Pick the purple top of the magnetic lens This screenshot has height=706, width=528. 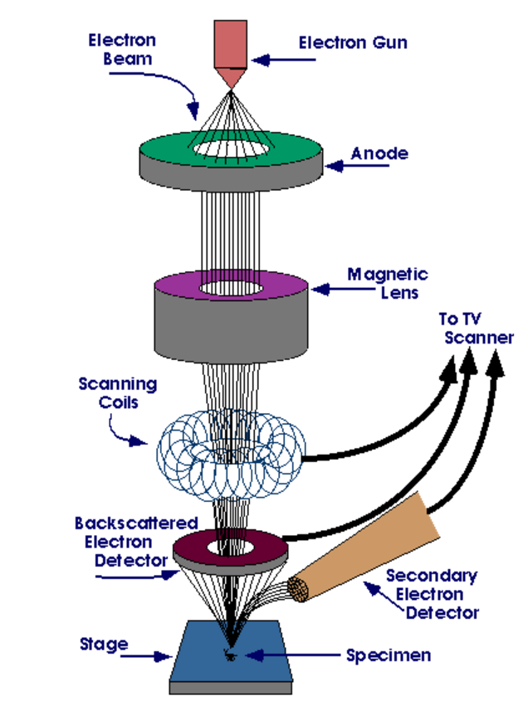[178, 283]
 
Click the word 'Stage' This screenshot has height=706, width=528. [104, 644]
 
